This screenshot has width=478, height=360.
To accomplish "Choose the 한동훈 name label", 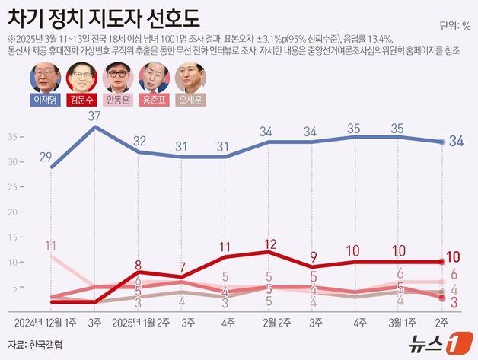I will pos(120,99).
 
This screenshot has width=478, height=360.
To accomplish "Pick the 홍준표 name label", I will pos(155,99).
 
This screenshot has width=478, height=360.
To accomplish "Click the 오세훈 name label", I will pos(192,99).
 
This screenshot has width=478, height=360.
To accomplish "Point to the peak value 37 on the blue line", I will pos(94,116).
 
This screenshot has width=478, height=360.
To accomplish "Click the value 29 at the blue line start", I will pos(45,157).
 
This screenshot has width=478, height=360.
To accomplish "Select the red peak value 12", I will pos(269,244).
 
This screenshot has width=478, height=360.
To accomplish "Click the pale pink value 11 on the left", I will pos(52,245).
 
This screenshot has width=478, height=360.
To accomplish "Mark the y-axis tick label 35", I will pos(13,137).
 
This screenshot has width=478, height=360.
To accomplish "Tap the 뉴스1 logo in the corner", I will pos(435,342).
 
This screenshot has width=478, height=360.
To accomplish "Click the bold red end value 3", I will pos(453,303).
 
